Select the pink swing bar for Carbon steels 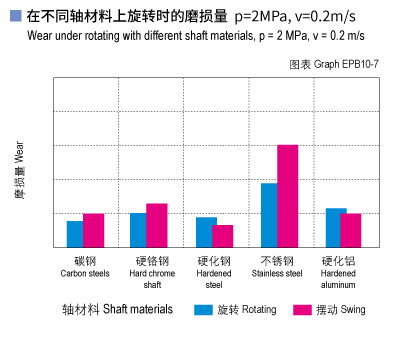pos(93,230)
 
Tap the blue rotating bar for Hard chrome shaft pos(138,230)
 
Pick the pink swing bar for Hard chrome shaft pos(156,225)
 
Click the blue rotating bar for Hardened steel pos(205,232)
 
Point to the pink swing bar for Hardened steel pos(223,236)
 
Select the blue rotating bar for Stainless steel pos(269,215)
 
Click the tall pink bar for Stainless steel pos(288,196)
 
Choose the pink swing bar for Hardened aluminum pos(350,230)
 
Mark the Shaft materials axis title pos(117,310)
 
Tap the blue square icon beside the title pos(15,16)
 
